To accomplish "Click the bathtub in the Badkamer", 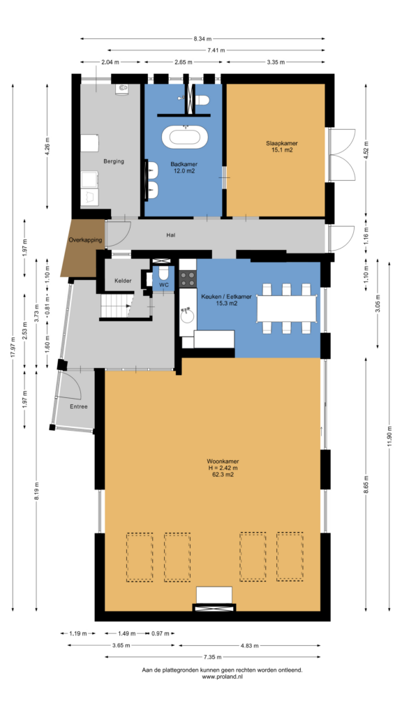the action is pyautogui.click(x=184, y=137).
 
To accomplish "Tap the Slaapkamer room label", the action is pyautogui.click(x=279, y=143).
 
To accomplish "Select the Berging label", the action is pyautogui.click(x=114, y=161).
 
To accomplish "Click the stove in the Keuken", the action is pyautogui.click(x=187, y=279).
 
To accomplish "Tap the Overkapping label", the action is pyautogui.click(x=85, y=240).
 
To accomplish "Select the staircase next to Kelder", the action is pyautogui.click(x=116, y=306).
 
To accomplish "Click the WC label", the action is pyautogui.click(x=163, y=285).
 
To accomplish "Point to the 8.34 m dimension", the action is pyautogui.click(x=202, y=39).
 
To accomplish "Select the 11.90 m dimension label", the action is pyautogui.click(x=389, y=437).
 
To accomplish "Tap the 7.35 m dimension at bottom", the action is pyautogui.click(x=212, y=657).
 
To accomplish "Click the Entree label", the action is pyautogui.click(x=78, y=406).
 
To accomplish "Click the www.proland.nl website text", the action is pyautogui.click(x=222, y=677).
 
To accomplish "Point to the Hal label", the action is pyautogui.click(x=171, y=235).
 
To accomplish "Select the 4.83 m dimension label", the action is pyautogui.click(x=249, y=646).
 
